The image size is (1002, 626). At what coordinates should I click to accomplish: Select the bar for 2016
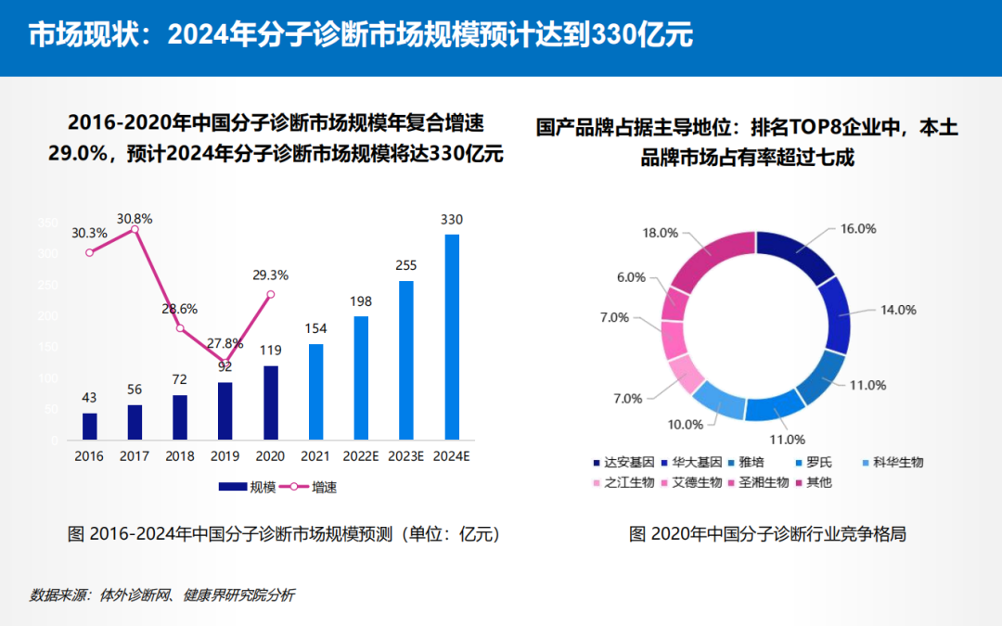pos(89,426)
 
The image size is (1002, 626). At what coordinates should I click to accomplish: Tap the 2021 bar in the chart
pos(315,391)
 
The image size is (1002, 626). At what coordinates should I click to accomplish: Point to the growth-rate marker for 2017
pos(135,229)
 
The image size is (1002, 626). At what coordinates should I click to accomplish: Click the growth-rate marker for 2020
pos(271,294)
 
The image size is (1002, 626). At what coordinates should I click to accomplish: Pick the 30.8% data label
pos(135,219)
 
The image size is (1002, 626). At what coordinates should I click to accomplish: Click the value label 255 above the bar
pos(406,265)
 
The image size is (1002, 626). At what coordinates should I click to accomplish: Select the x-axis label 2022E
pos(361,457)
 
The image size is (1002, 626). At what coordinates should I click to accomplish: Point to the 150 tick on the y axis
pos(48,347)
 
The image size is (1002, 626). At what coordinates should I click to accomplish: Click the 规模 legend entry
pos(247,487)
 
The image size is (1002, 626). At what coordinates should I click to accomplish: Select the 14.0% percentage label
pos(898,310)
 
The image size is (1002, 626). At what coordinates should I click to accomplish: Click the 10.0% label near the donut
pos(686,425)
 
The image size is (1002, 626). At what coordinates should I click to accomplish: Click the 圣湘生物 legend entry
pos(764,482)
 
